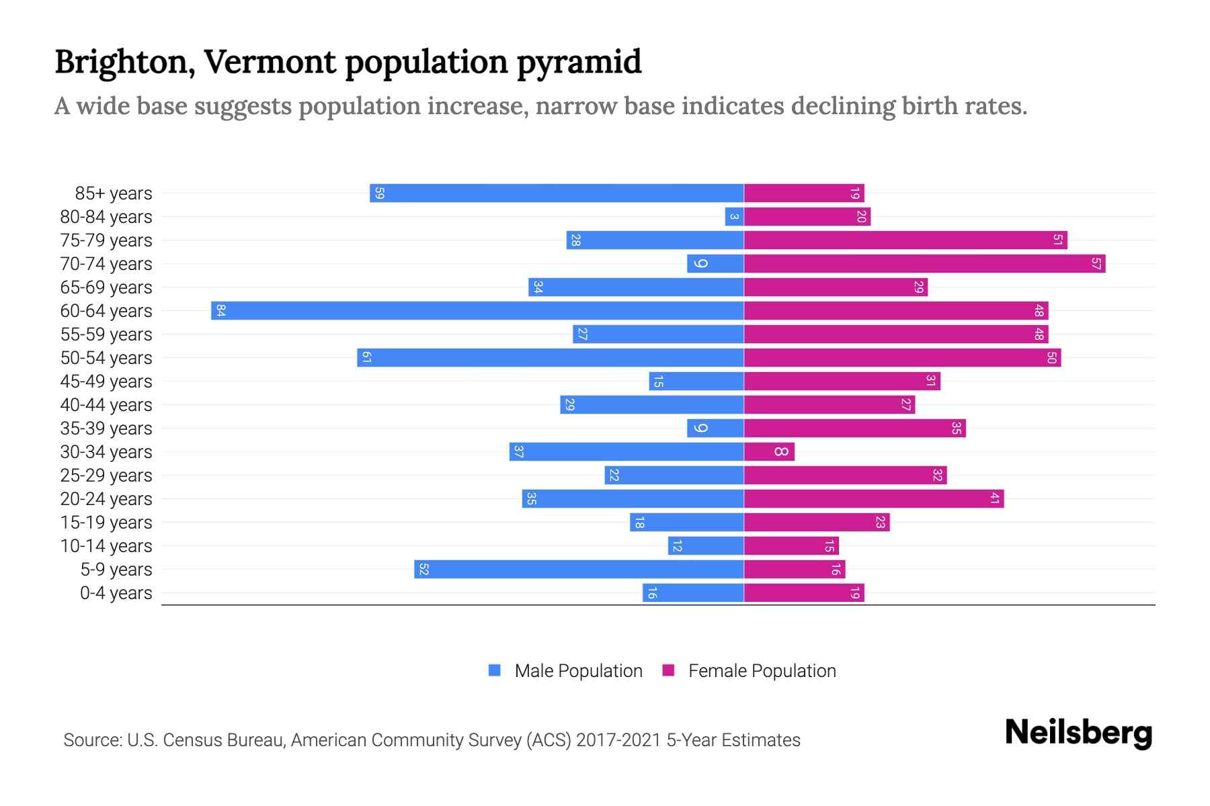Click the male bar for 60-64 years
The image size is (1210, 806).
tap(477, 310)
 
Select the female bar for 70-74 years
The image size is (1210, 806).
tap(924, 263)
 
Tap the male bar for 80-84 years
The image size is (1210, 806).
tap(734, 216)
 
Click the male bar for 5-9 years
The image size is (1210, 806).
tap(579, 569)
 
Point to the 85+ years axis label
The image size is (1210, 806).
tap(114, 193)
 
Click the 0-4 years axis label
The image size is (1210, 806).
tap(116, 593)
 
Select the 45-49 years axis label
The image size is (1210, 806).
tap(106, 382)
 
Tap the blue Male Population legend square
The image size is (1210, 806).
tap(495, 670)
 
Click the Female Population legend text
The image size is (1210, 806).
tap(762, 671)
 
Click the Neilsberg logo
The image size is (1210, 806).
tap(1078, 733)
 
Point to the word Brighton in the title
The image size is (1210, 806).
tap(125, 62)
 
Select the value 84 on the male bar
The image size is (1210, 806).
tap(220, 310)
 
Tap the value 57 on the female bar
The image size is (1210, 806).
tap(1096, 263)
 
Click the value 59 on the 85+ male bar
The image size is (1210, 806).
tap(379, 193)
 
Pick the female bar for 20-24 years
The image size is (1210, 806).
tap(873, 498)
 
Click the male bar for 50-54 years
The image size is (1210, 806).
tap(550, 357)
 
